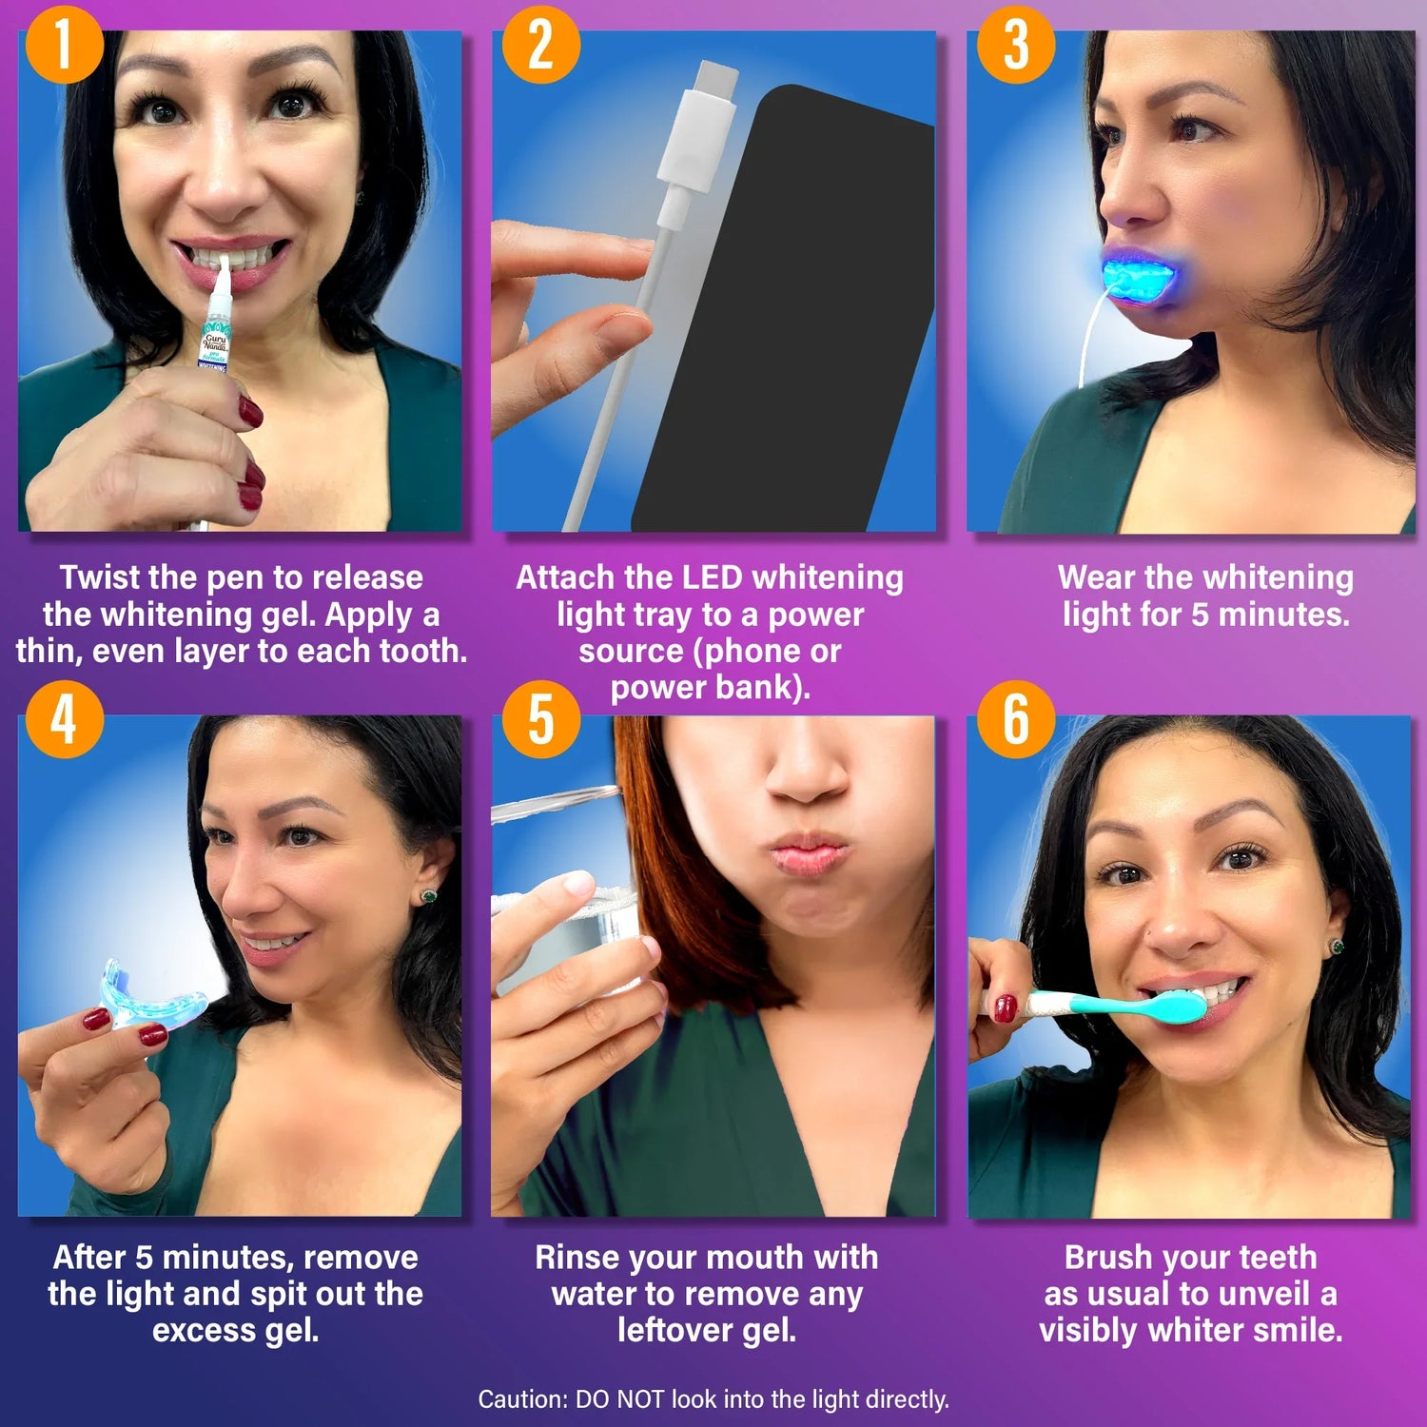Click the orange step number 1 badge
(x=64, y=44)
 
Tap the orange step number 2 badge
(x=540, y=44)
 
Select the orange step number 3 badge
(x=1016, y=44)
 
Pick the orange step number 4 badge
(x=64, y=719)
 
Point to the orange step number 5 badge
(x=540, y=719)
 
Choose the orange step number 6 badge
(x=1016, y=719)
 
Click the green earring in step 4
(x=428, y=896)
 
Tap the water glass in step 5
(x=571, y=913)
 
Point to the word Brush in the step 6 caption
(x=1108, y=1258)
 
